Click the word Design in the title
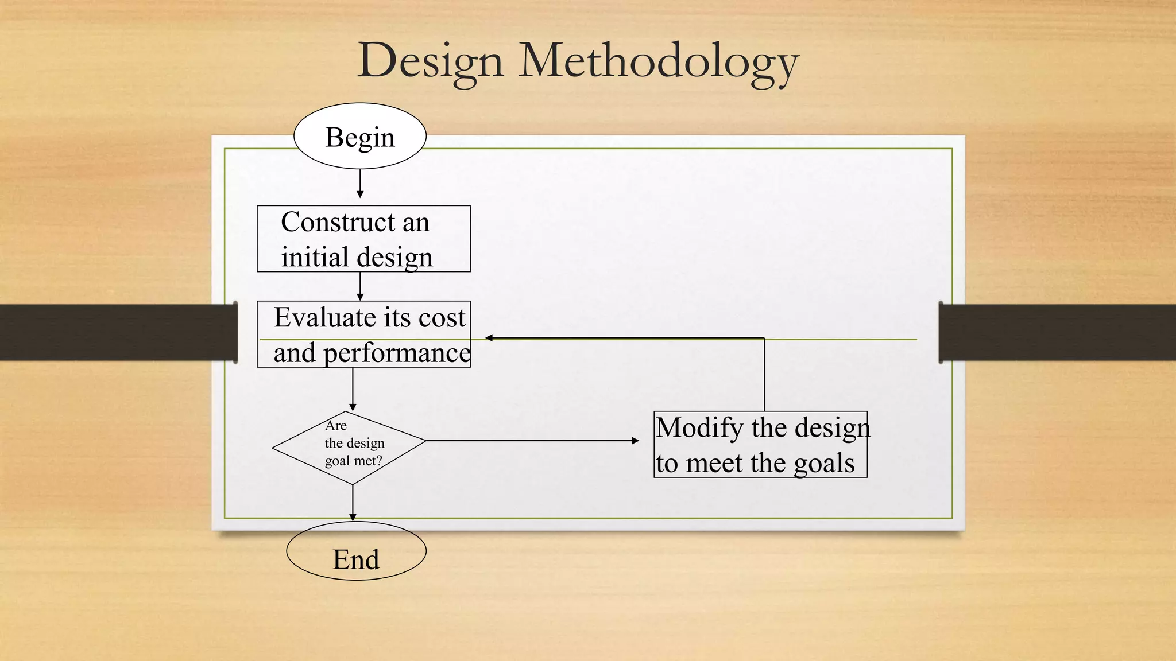point(430,62)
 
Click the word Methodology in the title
point(659,62)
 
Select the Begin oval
point(360,137)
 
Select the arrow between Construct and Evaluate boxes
point(360,286)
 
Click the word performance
point(397,353)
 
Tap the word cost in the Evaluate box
point(442,317)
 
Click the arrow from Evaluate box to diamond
point(353,389)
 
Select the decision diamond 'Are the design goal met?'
point(349,448)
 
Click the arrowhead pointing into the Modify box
point(635,441)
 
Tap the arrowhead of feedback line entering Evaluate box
point(489,338)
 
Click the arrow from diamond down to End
point(353,503)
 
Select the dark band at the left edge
point(115,332)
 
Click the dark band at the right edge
point(1057,332)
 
